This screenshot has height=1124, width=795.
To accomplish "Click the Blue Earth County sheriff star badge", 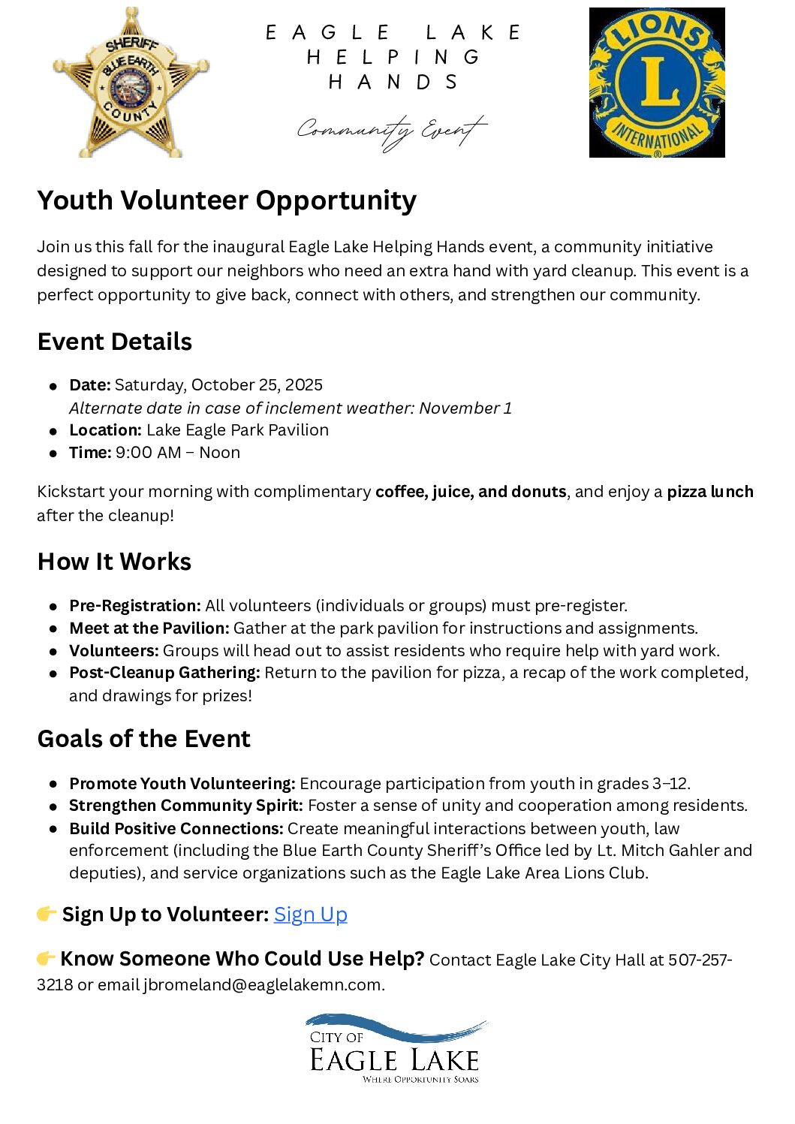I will [x=131, y=83].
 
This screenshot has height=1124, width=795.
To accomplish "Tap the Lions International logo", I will [x=657, y=83].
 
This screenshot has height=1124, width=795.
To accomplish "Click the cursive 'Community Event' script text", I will [x=391, y=131].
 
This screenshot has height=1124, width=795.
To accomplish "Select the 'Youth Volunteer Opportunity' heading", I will [x=227, y=200].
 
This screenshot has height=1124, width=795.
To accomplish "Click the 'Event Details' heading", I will [x=115, y=342].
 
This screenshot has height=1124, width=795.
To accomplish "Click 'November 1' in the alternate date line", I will [x=465, y=408].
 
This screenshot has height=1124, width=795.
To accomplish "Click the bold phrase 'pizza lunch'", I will [x=710, y=492].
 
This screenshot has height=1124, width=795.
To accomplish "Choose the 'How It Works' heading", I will [x=114, y=562].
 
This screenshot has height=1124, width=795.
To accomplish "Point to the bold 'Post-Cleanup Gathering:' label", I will [x=164, y=673].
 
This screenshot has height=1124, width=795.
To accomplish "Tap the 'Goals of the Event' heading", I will [x=143, y=739].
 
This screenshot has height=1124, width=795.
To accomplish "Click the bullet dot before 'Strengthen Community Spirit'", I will [x=53, y=806].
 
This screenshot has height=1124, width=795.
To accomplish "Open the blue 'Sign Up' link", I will [x=310, y=915].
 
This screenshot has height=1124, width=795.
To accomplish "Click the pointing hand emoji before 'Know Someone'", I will [x=46, y=959].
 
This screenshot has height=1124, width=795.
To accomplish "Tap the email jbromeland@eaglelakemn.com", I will [x=263, y=984].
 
